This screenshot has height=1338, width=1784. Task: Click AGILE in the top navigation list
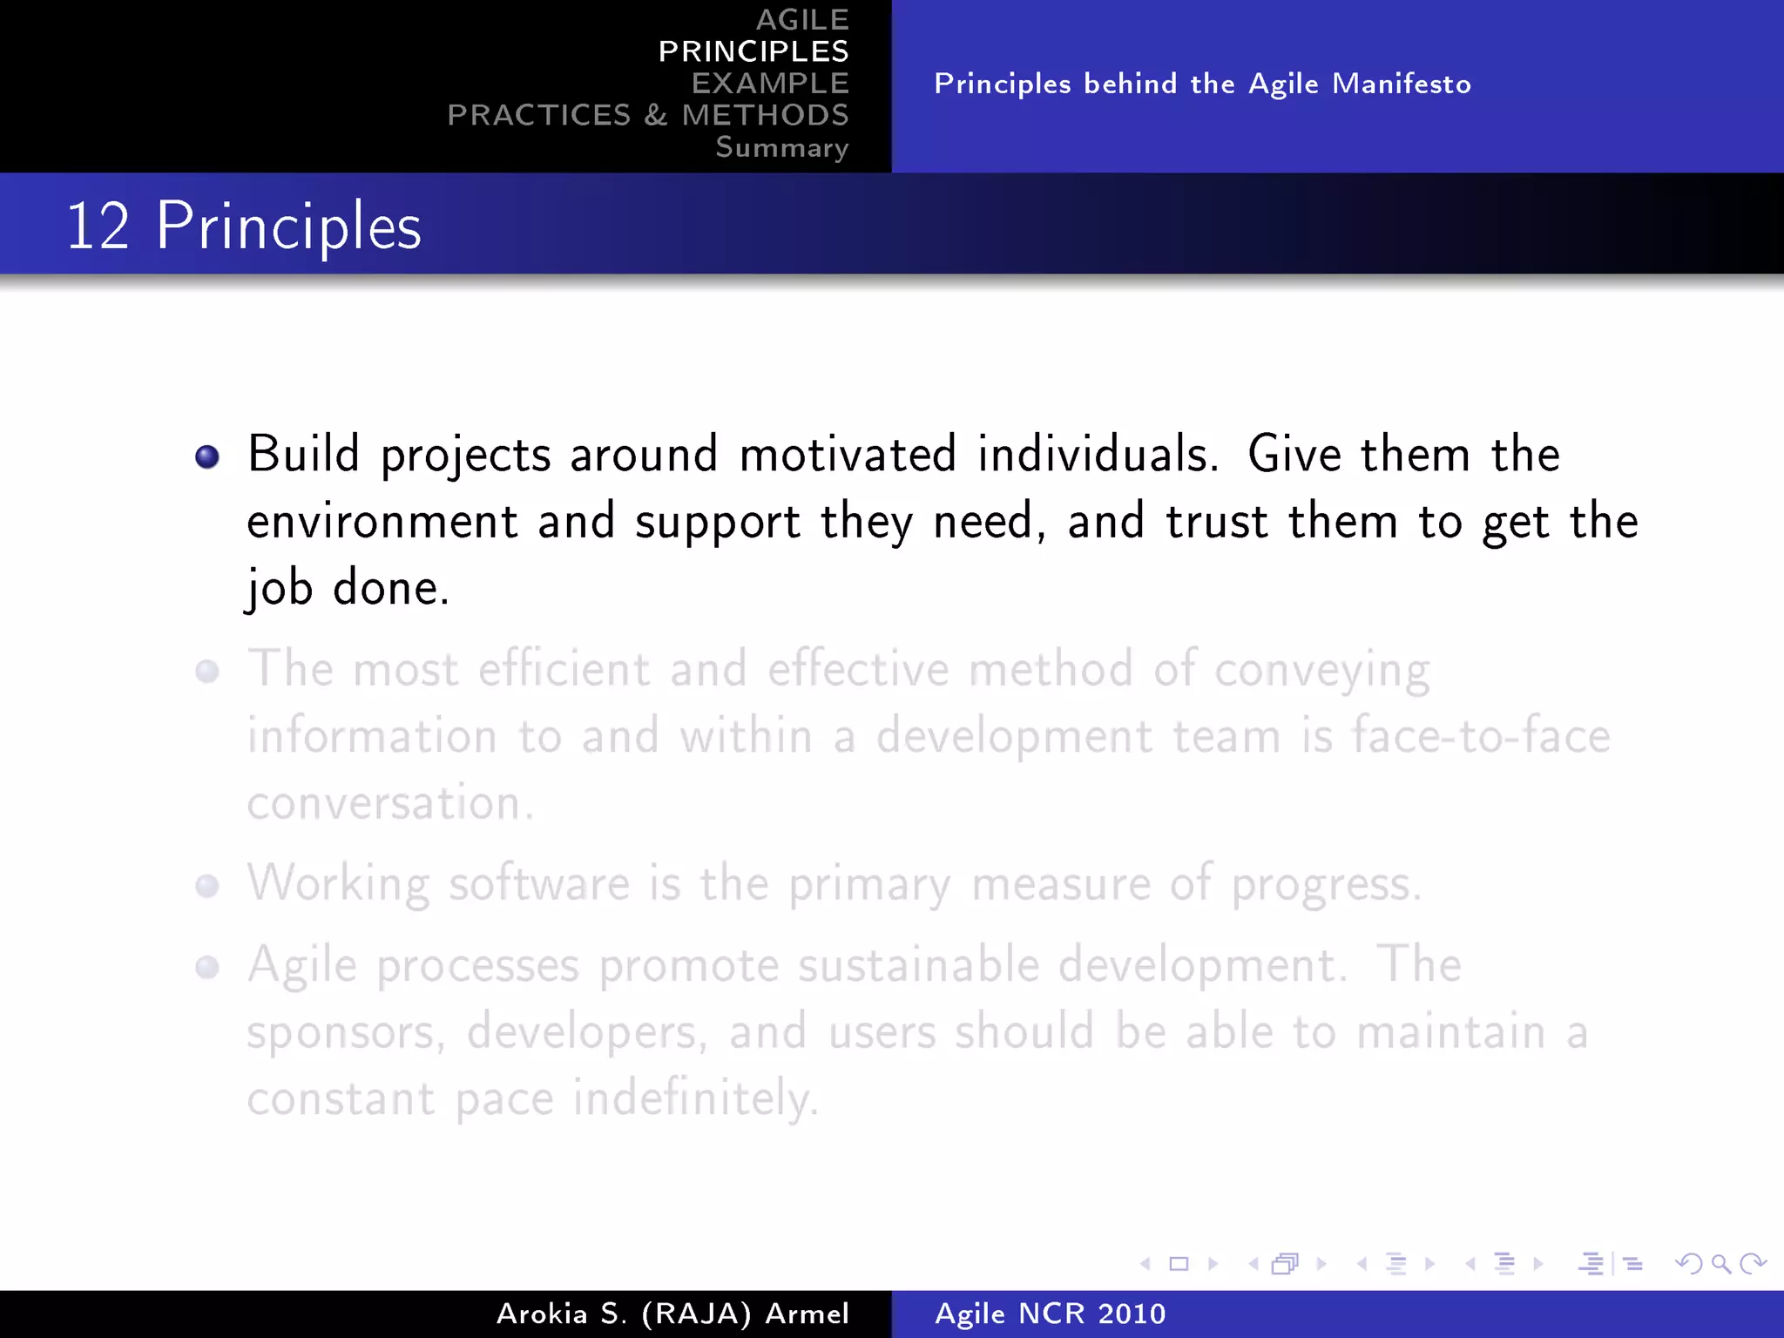pos(802,19)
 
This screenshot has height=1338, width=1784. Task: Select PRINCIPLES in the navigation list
pos(753,51)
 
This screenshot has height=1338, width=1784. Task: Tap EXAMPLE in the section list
pos(770,83)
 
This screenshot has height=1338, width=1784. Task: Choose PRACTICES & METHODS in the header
pos(648,115)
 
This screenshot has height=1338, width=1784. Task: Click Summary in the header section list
pos(781,147)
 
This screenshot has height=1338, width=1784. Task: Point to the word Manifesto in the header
pos(1402,84)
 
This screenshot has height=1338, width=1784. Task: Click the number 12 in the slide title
pos(98,226)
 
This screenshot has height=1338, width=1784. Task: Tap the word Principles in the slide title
pos(288,226)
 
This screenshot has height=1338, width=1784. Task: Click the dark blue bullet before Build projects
pos(207,456)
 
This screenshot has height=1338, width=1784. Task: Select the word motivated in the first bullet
pos(848,455)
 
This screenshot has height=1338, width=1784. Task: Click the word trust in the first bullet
pos(1216,522)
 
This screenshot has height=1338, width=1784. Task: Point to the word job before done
pos(279,589)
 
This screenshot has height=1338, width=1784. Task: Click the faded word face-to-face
pos(1480,736)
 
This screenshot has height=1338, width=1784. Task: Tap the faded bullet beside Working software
pos(207,886)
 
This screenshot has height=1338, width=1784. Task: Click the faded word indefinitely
pos(695,1098)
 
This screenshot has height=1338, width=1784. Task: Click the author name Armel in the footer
pos(808,1314)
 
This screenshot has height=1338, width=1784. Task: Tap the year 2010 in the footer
pos(1131,1314)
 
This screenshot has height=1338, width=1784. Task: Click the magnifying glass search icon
pos(1720,1263)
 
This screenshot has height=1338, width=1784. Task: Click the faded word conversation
pos(389,802)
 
